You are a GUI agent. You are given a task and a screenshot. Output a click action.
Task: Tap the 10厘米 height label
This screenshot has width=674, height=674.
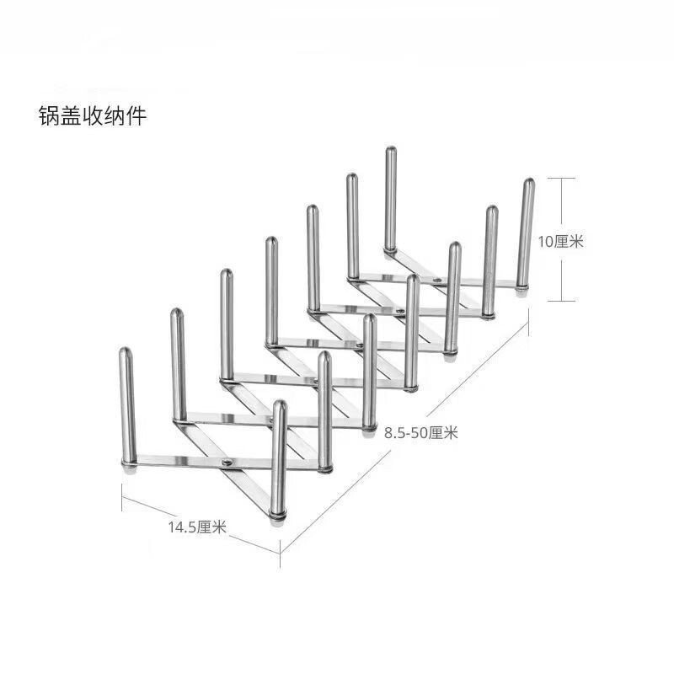point(561,241)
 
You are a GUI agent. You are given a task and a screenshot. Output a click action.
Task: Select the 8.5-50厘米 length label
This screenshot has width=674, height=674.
point(420,433)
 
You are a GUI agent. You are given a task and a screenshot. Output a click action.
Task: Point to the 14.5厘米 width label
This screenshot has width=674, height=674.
point(197,528)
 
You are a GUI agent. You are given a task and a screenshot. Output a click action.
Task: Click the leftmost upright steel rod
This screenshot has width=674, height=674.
point(126,404)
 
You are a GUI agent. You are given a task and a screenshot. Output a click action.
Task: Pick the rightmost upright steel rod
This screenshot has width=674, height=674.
point(527,232)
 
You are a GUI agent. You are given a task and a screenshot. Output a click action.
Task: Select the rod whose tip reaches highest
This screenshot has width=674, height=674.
point(391,198)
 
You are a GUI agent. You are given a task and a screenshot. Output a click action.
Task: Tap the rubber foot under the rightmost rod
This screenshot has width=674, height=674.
point(522,289)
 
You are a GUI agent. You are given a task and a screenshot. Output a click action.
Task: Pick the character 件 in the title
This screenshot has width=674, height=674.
point(136,115)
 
